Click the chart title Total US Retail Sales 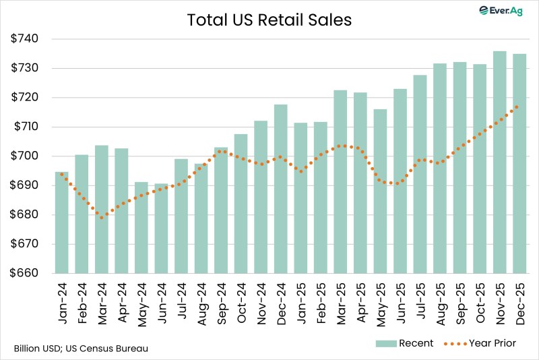point(269,20)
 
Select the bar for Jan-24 point(61,222)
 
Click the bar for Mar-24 point(101,209)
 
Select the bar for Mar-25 point(340,182)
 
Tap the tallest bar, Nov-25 point(499,162)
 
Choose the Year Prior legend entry point(480,344)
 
